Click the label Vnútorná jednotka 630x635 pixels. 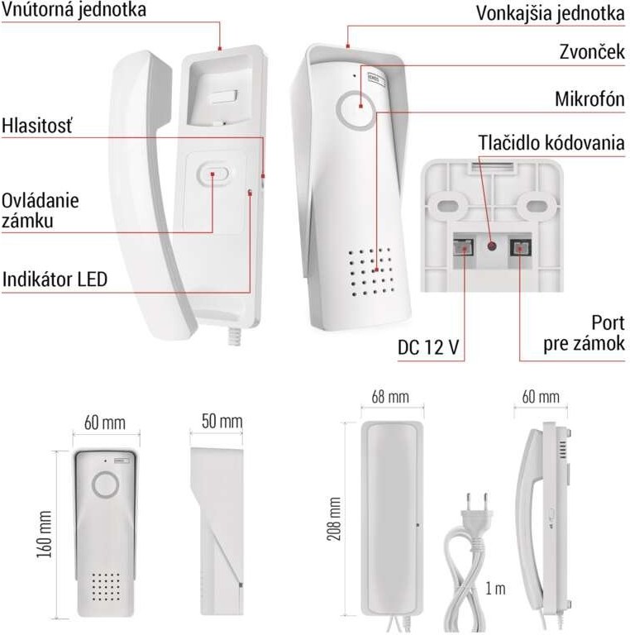(x=74, y=12)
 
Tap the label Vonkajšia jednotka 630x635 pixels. (x=550, y=13)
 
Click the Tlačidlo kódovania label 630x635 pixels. (x=551, y=142)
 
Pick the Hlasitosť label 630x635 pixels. (x=37, y=127)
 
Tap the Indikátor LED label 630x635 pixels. (x=55, y=279)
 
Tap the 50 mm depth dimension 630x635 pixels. (x=222, y=423)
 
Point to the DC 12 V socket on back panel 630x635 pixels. (x=463, y=246)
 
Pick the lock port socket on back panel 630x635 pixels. (x=519, y=246)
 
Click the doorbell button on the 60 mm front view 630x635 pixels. (x=105, y=484)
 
